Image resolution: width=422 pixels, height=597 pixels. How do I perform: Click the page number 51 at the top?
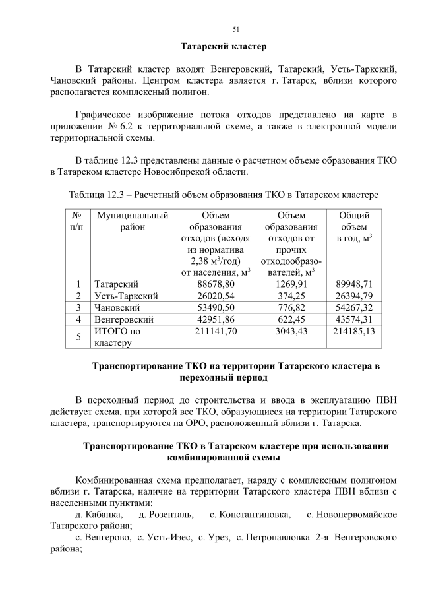[x=235, y=29]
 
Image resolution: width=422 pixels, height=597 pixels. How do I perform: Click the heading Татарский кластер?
[x=224, y=47]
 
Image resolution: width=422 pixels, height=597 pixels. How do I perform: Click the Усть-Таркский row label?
[x=127, y=296]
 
